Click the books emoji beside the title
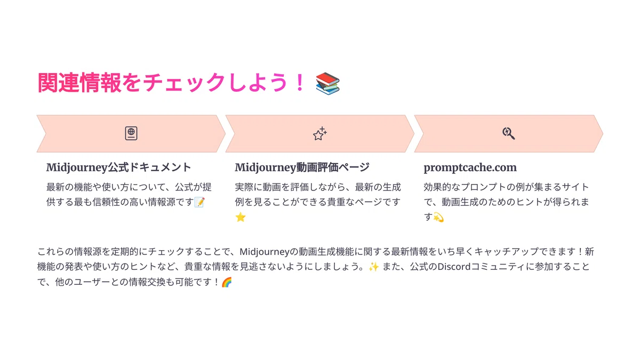tap(327, 83)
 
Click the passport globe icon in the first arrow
tap(131, 133)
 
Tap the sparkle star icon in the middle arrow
tap(319, 133)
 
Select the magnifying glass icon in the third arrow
tap(509, 133)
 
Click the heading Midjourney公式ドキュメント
tap(118, 167)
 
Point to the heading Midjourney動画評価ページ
tap(302, 167)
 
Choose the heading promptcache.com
tap(470, 167)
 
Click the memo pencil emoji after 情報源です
tap(199, 202)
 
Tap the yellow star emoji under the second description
tap(241, 217)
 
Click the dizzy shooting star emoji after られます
tap(438, 217)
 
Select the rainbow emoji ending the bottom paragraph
tap(227, 282)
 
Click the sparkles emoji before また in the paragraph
tap(373, 267)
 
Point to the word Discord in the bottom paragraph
tap(454, 267)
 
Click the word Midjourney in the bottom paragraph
tap(265, 252)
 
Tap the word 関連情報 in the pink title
tap(79, 83)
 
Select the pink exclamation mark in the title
tap(300, 83)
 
